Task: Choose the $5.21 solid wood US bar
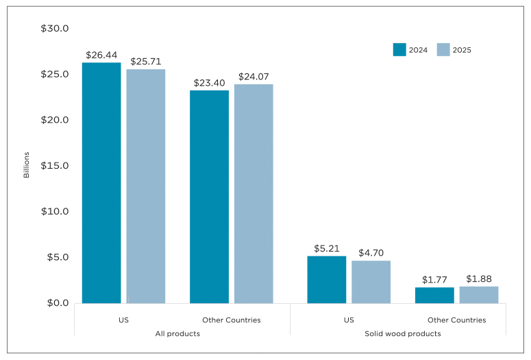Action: tap(326, 280)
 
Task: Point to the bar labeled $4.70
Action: tap(371, 282)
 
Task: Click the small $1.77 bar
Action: tap(434, 296)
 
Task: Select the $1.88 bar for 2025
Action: tap(478, 295)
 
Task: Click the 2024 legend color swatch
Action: tap(399, 49)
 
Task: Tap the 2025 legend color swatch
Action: tap(443, 49)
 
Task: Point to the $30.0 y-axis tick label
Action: tap(55, 29)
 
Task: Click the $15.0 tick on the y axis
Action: tap(55, 166)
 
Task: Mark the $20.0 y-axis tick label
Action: tap(55, 120)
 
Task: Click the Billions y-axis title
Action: tap(27, 165)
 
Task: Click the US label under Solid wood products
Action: tap(349, 320)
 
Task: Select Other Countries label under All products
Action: tap(232, 320)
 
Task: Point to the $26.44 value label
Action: tap(101, 55)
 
